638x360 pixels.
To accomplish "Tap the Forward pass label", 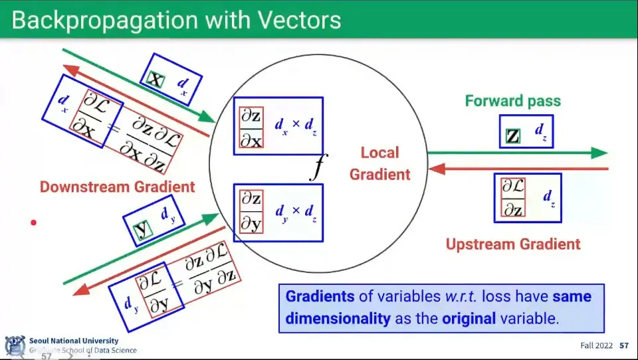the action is [512, 101].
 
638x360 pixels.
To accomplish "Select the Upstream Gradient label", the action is [512, 244].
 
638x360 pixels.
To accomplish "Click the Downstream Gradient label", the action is [118, 187].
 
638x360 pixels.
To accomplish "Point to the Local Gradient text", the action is [379, 163].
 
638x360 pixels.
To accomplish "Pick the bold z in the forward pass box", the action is [512, 136].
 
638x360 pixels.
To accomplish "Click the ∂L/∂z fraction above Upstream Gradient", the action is [512, 198].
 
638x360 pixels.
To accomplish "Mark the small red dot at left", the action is [33, 223].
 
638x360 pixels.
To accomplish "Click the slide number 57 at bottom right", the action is [624, 346].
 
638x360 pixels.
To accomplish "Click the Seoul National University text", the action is [74, 341].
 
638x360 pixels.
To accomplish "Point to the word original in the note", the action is [469, 318].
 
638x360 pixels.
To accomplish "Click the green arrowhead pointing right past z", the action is [599, 153].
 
